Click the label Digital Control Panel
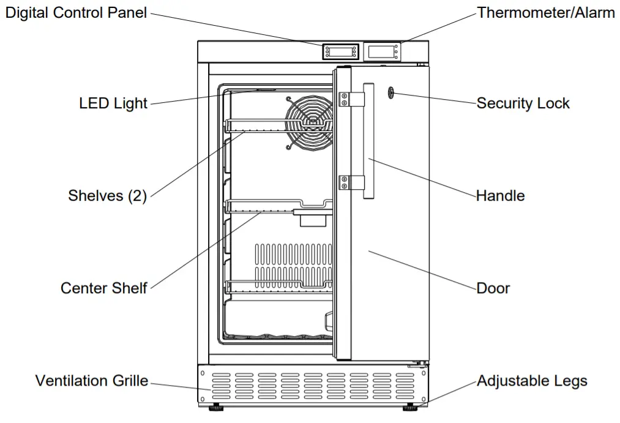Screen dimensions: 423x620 pyautogui.click(x=76, y=13)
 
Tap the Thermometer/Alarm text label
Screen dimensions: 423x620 pyautogui.click(x=546, y=13)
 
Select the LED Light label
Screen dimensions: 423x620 pyautogui.click(x=113, y=103)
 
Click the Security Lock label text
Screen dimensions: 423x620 pyautogui.click(x=523, y=103)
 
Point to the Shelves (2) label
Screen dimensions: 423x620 pyautogui.click(x=107, y=196)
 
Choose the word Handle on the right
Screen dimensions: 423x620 pyautogui.click(x=500, y=196)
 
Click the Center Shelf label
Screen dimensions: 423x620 pyautogui.click(x=103, y=288)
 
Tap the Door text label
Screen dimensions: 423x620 pyautogui.click(x=493, y=288)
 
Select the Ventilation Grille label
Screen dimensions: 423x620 pyautogui.click(x=91, y=381)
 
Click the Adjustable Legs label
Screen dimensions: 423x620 pyautogui.click(x=531, y=381)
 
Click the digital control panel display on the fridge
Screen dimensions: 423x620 pyautogui.click(x=339, y=51)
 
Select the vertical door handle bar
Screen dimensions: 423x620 pyautogui.click(x=368, y=141)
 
